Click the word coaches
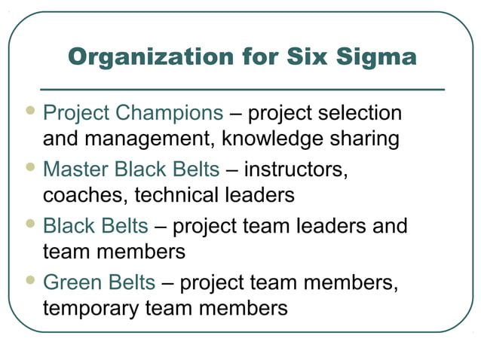(85, 195)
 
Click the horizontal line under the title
(241, 89)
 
